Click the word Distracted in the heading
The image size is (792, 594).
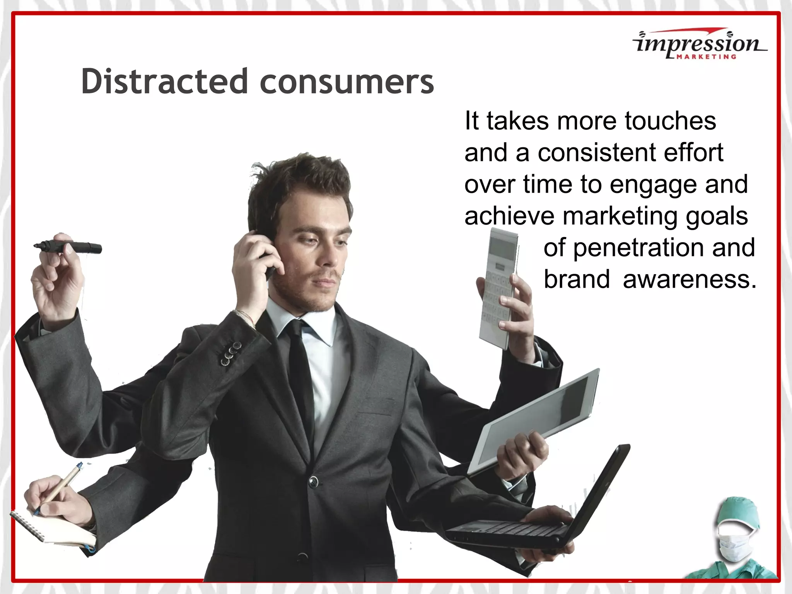164,81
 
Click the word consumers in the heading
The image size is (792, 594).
347,82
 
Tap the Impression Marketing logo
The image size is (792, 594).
700,45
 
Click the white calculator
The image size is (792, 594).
498,286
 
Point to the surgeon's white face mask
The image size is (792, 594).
734,543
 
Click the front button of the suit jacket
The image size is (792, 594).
313,482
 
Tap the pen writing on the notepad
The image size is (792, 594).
60,489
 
